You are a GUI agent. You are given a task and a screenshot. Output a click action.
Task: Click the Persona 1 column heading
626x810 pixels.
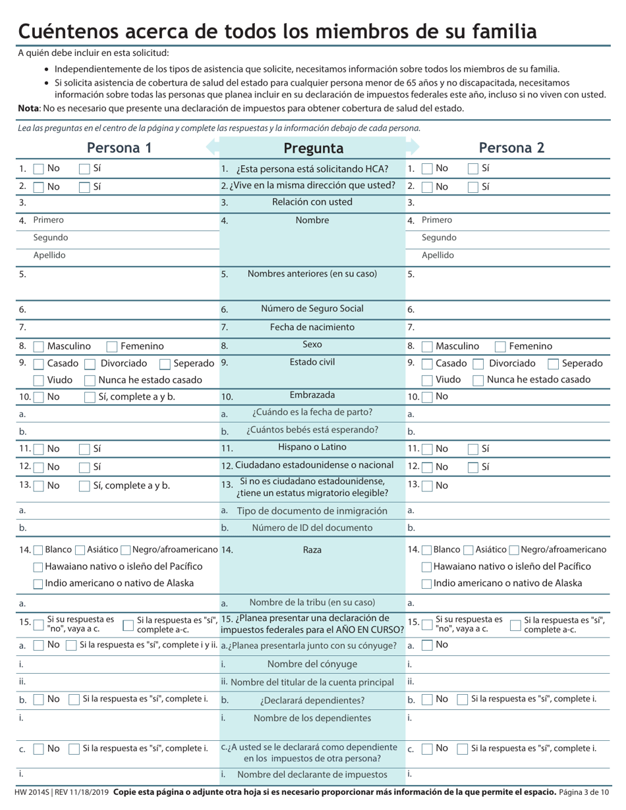[119, 148]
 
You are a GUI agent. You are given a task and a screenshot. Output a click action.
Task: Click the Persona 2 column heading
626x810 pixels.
[511, 148]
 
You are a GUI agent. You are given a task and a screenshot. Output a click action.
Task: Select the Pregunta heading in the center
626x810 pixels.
[313, 148]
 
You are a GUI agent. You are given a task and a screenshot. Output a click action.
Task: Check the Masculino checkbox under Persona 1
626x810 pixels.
[38, 346]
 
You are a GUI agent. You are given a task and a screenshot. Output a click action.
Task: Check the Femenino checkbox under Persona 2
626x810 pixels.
[500, 346]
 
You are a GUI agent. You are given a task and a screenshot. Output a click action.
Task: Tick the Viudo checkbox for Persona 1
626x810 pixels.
[38, 381]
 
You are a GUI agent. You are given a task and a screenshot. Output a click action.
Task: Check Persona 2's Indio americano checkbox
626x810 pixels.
[427, 583]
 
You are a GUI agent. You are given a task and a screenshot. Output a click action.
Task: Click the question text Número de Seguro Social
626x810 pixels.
[312, 309]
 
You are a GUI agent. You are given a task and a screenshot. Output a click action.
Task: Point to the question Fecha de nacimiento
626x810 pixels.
[312, 327]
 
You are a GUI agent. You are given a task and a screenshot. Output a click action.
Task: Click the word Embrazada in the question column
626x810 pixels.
[312, 396]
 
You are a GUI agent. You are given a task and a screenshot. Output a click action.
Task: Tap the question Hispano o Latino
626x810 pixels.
[312, 448]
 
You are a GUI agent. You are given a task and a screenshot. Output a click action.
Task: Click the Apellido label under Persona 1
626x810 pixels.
[49, 256]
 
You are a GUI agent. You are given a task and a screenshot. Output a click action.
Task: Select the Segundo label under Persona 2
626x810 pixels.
[439, 238]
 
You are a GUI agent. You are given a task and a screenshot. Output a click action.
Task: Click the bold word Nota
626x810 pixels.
[28, 108]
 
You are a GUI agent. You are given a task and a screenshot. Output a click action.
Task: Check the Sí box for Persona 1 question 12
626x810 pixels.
[84, 467]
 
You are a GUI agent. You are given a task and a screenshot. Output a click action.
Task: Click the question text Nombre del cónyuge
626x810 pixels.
[312, 664]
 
